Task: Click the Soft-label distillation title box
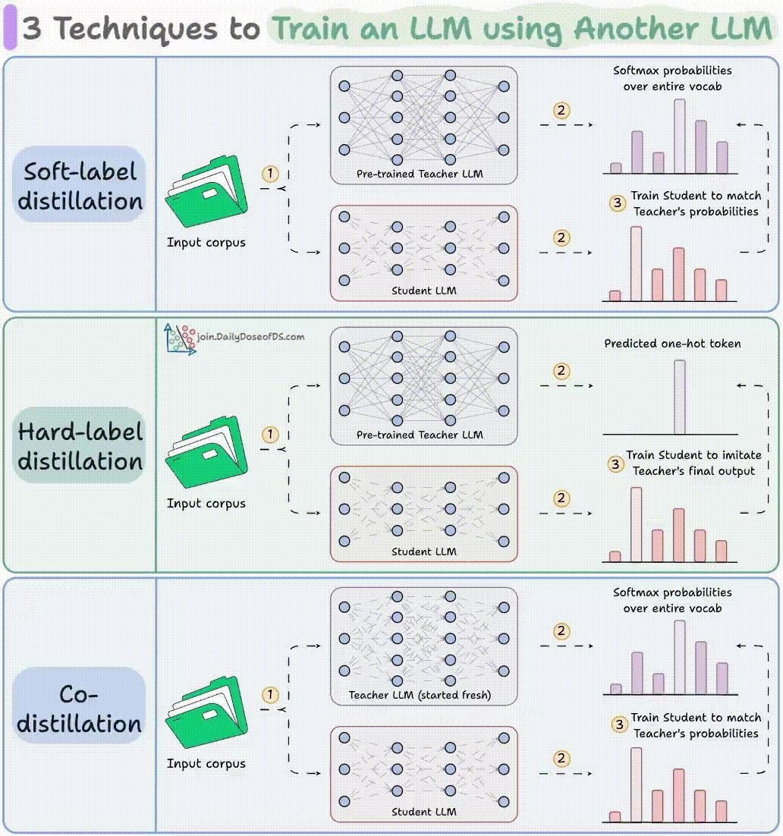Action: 79,184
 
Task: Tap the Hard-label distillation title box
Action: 79,445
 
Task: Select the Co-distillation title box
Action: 79,706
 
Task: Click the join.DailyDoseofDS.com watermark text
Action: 250,336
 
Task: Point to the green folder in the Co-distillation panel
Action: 206,712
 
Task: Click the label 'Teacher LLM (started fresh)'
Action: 420,695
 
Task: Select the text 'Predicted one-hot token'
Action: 672,344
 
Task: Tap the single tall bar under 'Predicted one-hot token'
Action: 679,397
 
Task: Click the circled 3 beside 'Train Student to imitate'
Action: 615,464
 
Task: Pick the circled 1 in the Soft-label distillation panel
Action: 270,173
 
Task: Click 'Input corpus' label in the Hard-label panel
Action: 206,503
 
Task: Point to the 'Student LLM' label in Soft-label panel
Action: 424,291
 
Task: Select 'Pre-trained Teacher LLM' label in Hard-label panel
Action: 420,435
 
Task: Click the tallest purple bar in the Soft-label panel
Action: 679,136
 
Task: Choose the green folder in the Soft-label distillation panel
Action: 206,191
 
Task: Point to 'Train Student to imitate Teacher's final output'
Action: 693,463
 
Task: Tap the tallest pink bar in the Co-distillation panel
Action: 636,785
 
